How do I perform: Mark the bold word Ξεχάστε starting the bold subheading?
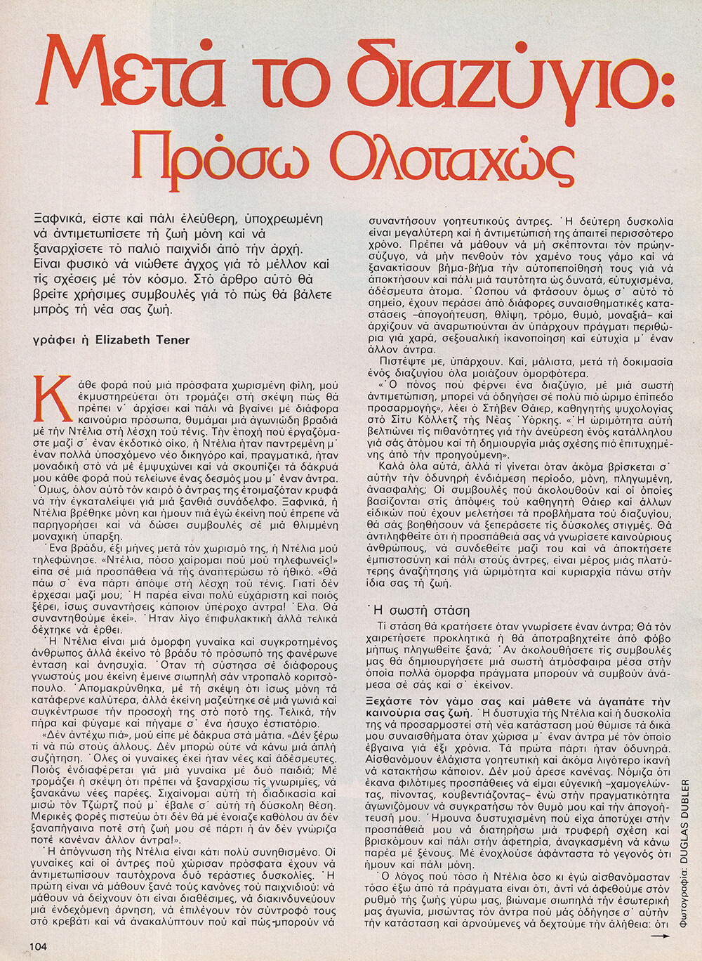pyautogui.click(x=391, y=702)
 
